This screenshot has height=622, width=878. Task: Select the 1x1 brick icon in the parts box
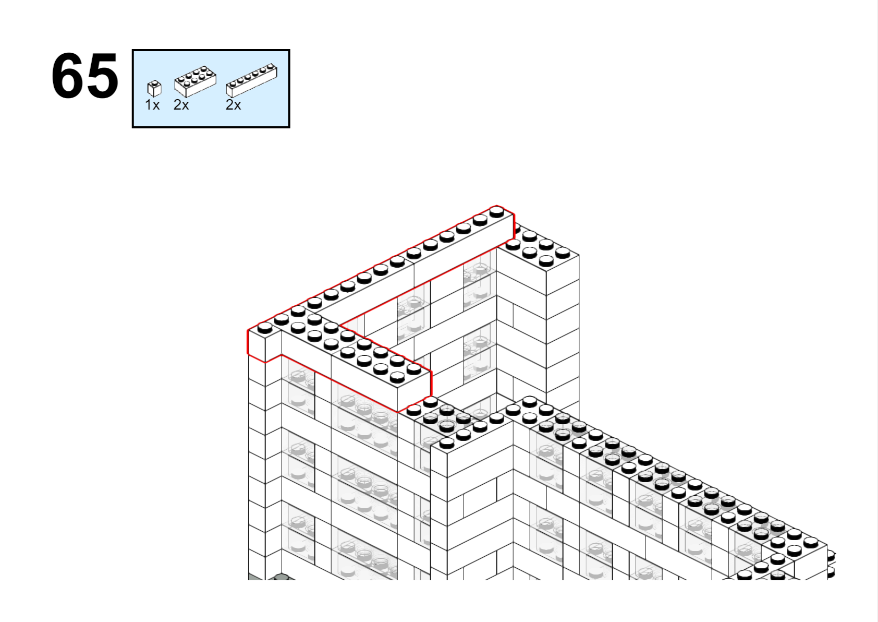154,89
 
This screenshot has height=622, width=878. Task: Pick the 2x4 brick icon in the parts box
195,81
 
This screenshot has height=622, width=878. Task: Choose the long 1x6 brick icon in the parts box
252,80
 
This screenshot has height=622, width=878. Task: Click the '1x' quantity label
152,105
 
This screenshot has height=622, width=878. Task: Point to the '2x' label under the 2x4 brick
181,105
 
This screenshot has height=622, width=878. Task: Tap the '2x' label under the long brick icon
233,105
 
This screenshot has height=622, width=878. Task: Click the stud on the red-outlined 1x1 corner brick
264,328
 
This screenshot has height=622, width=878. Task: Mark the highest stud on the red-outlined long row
497,212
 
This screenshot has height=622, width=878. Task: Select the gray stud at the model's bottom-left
281,577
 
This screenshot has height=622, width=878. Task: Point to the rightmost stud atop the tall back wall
563,253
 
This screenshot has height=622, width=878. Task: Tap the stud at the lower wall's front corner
447,444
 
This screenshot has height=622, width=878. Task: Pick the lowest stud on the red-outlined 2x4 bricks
397,377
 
